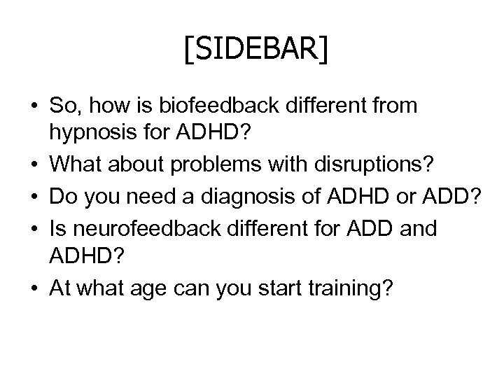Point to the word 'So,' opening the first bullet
click(63, 106)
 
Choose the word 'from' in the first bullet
click(395, 106)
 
